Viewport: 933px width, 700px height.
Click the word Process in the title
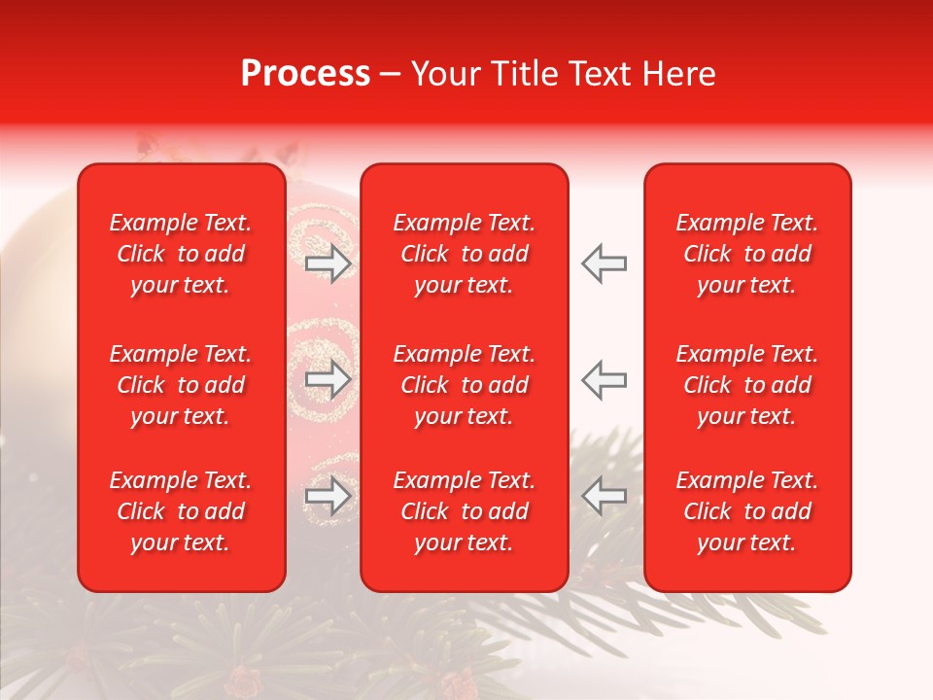[305, 74]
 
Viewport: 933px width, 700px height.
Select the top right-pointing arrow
[328, 263]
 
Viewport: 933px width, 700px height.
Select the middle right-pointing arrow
[328, 380]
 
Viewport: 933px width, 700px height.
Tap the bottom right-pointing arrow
[328, 497]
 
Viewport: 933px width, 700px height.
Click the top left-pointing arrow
[605, 263]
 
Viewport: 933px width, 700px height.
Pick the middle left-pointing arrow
[605, 380]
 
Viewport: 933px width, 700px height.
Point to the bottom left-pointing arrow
[605, 497]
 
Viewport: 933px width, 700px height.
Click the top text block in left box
[181, 254]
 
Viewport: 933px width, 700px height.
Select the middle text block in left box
[181, 385]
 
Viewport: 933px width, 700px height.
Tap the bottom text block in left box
[181, 511]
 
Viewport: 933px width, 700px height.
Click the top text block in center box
[465, 254]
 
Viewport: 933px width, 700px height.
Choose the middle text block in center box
[465, 385]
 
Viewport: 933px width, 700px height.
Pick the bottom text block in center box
[465, 511]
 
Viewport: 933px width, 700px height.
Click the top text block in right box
[747, 254]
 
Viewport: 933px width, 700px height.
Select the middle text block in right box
[747, 385]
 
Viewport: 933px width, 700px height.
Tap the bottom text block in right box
[747, 511]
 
